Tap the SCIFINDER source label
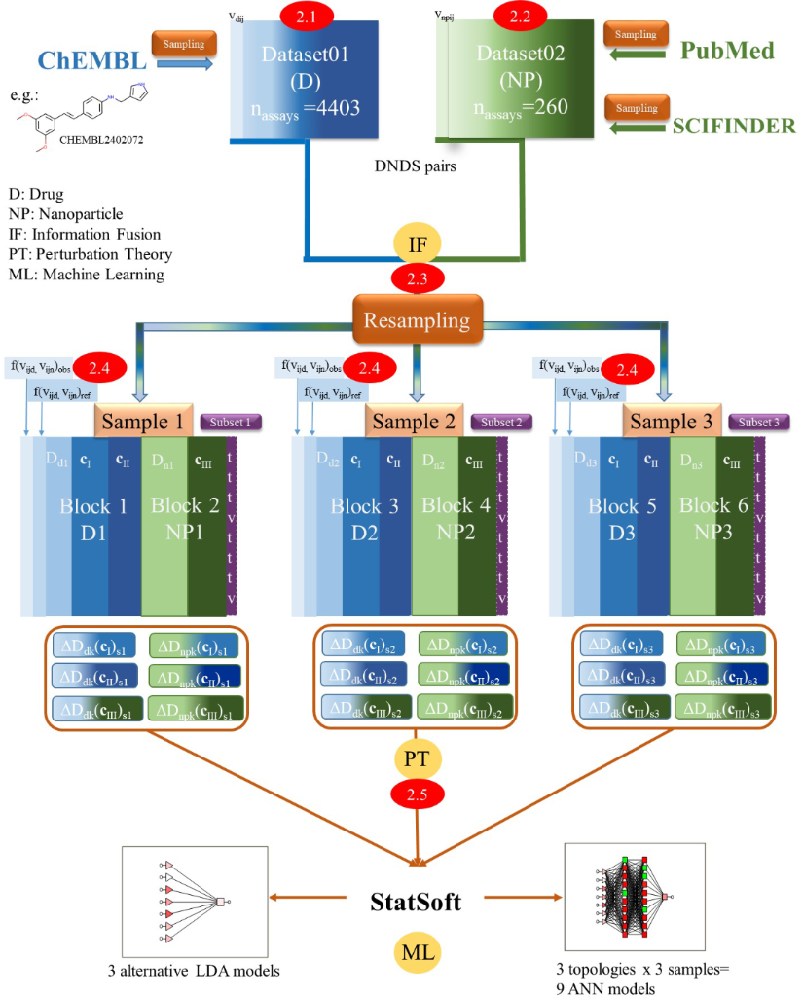point(736,125)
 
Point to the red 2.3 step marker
point(416,277)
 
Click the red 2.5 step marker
point(416,793)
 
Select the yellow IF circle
point(416,240)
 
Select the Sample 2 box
point(417,422)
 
